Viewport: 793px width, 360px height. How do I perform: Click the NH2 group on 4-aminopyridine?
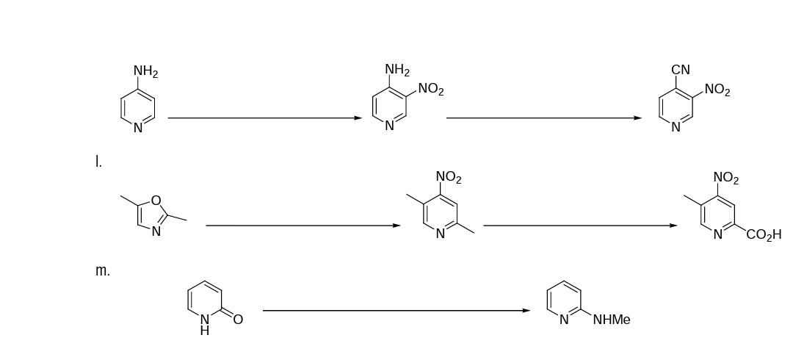tap(145, 71)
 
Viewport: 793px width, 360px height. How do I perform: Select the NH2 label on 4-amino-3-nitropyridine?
tap(397, 70)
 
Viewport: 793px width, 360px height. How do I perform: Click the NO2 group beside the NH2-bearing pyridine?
tap(431, 90)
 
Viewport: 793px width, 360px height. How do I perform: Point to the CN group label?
tap(681, 70)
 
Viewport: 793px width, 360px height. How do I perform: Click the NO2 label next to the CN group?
tap(717, 90)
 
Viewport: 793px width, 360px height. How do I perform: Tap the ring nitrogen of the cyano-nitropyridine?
tap(676, 127)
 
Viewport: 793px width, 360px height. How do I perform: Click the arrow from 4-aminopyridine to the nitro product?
tap(264, 118)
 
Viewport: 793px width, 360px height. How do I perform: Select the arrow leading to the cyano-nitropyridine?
tap(543, 118)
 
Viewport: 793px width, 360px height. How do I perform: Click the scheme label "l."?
tap(98, 162)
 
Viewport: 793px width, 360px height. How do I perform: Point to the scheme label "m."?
tap(103, 270)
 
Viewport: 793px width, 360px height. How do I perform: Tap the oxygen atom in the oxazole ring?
tap(156, 200)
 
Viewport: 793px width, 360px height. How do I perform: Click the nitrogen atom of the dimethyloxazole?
tap(156, 232)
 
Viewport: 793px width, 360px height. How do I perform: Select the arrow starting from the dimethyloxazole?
tap(303, 226)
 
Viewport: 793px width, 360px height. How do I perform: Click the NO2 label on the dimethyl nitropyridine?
tap(449, 177)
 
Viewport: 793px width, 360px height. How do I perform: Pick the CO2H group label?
tap(764, 235)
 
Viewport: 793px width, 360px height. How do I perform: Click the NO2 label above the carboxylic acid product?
tap(726, 178)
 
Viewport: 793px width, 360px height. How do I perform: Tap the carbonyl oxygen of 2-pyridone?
tap(238, 319)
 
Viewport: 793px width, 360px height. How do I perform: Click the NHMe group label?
tap(611, 320)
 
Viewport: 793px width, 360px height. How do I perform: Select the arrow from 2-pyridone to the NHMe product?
tap(396, 311)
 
